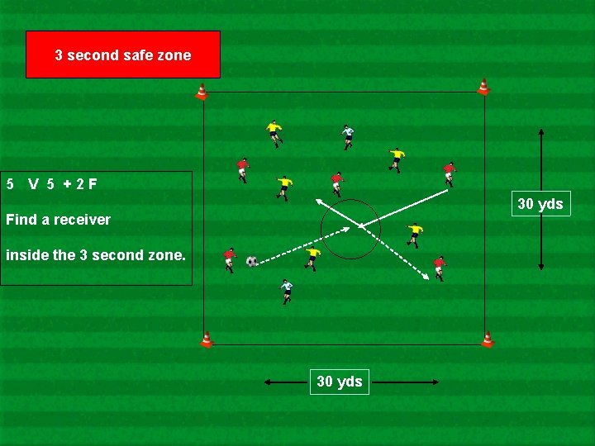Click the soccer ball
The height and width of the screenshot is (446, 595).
[252, 262]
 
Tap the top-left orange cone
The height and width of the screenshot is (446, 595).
[201, 92]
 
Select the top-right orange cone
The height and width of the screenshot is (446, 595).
[483, 87]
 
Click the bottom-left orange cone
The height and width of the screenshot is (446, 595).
[207, 339]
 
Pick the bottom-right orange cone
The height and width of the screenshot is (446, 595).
[488, 339]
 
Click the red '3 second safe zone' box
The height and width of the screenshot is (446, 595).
[123, 55]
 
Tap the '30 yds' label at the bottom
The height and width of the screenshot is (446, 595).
[340, 382]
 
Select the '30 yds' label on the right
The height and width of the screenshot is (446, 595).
[540, 203]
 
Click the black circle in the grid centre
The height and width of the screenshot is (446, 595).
[350, 229]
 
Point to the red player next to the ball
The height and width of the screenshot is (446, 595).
[230, 259]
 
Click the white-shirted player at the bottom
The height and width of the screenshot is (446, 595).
[286, 291]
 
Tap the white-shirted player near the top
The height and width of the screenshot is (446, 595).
[348, 135]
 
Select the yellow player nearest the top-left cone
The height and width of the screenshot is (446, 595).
[274, 132]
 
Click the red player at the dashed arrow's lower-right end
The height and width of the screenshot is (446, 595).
[440, 267]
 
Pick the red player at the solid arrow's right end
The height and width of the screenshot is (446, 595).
[449, 173]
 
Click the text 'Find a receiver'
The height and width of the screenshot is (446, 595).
[58, 220]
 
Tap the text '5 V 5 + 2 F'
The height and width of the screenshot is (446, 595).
[51, 183]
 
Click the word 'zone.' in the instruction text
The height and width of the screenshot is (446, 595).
[166, 255]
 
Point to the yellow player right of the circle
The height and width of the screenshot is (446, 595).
[414, 234]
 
